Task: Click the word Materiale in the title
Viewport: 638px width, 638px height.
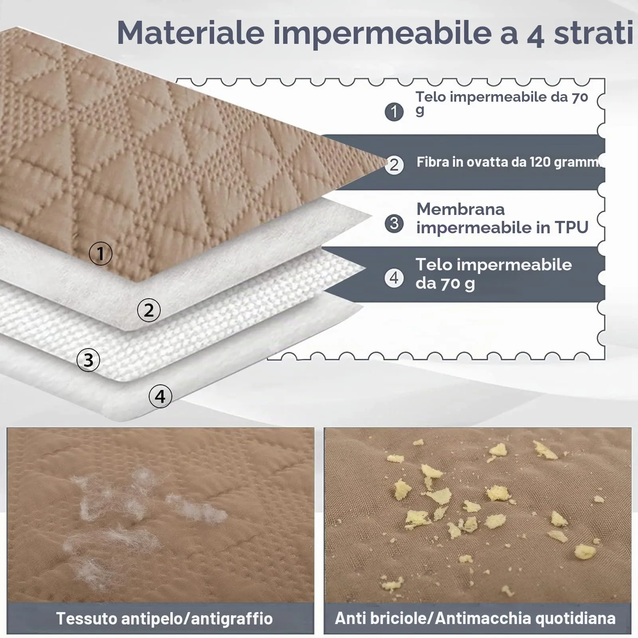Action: click(x=191, y=32)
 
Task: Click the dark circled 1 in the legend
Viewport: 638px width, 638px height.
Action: click(x=394, y=112)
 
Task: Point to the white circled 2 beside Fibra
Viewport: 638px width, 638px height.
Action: click(x=394, y=165)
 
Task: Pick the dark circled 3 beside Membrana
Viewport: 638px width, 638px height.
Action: click(x=394, y=223)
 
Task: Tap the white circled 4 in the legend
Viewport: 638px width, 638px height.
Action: click(x=394, y=278)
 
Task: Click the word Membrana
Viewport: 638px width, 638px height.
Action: click(x=461, y=209)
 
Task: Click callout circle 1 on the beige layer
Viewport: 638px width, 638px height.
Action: click(x=100, y=254)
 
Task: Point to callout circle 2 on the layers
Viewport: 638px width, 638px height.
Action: click(x=149, y=310)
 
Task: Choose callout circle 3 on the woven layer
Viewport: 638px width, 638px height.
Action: click(x=88, y=360)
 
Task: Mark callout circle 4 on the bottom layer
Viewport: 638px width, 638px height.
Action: click(x=160, y=396)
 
